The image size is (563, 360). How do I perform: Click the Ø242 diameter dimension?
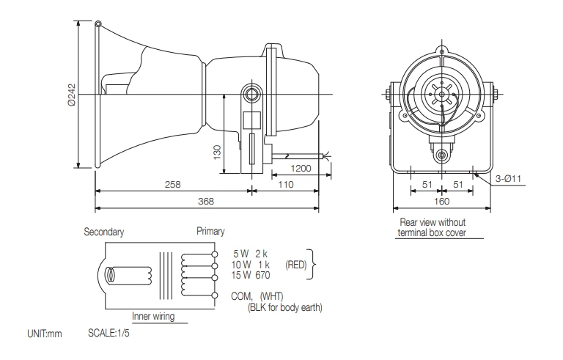coord(71,94)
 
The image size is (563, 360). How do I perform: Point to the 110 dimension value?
coord(285,185)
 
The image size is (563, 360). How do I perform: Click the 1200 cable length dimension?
coord(301,168)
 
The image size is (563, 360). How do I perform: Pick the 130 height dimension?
coord(217,150)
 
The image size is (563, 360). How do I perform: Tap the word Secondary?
coord(103,232)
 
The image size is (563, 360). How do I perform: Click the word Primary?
coord(211,232)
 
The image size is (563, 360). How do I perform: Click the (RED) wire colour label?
coord(295,264)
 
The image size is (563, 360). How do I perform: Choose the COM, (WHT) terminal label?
coord(266,296)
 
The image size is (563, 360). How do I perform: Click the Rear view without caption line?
coord(433,222)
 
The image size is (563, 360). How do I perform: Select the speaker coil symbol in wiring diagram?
coord(114,276)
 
